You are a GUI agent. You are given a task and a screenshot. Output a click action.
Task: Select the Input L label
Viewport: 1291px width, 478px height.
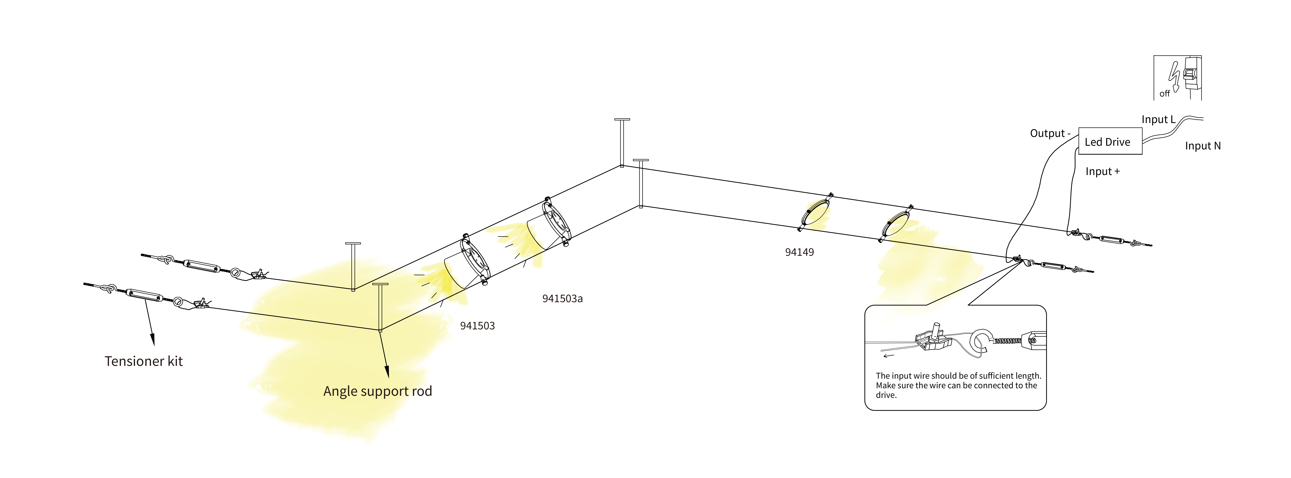tap(1158, 119)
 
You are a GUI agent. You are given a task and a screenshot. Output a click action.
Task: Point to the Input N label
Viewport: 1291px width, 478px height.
tap(1203, 146)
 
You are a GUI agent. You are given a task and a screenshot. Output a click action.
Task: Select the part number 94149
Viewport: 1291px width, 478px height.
tap(799, 252)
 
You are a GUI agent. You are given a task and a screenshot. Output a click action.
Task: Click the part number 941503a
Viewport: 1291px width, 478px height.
tap(562, 299)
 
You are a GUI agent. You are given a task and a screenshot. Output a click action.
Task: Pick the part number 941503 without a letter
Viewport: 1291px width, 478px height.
tap(477, 326)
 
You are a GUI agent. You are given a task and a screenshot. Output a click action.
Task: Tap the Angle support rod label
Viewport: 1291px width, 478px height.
tap(377, 391)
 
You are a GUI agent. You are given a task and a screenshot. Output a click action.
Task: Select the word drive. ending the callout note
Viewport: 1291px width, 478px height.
tap(886, 395)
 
